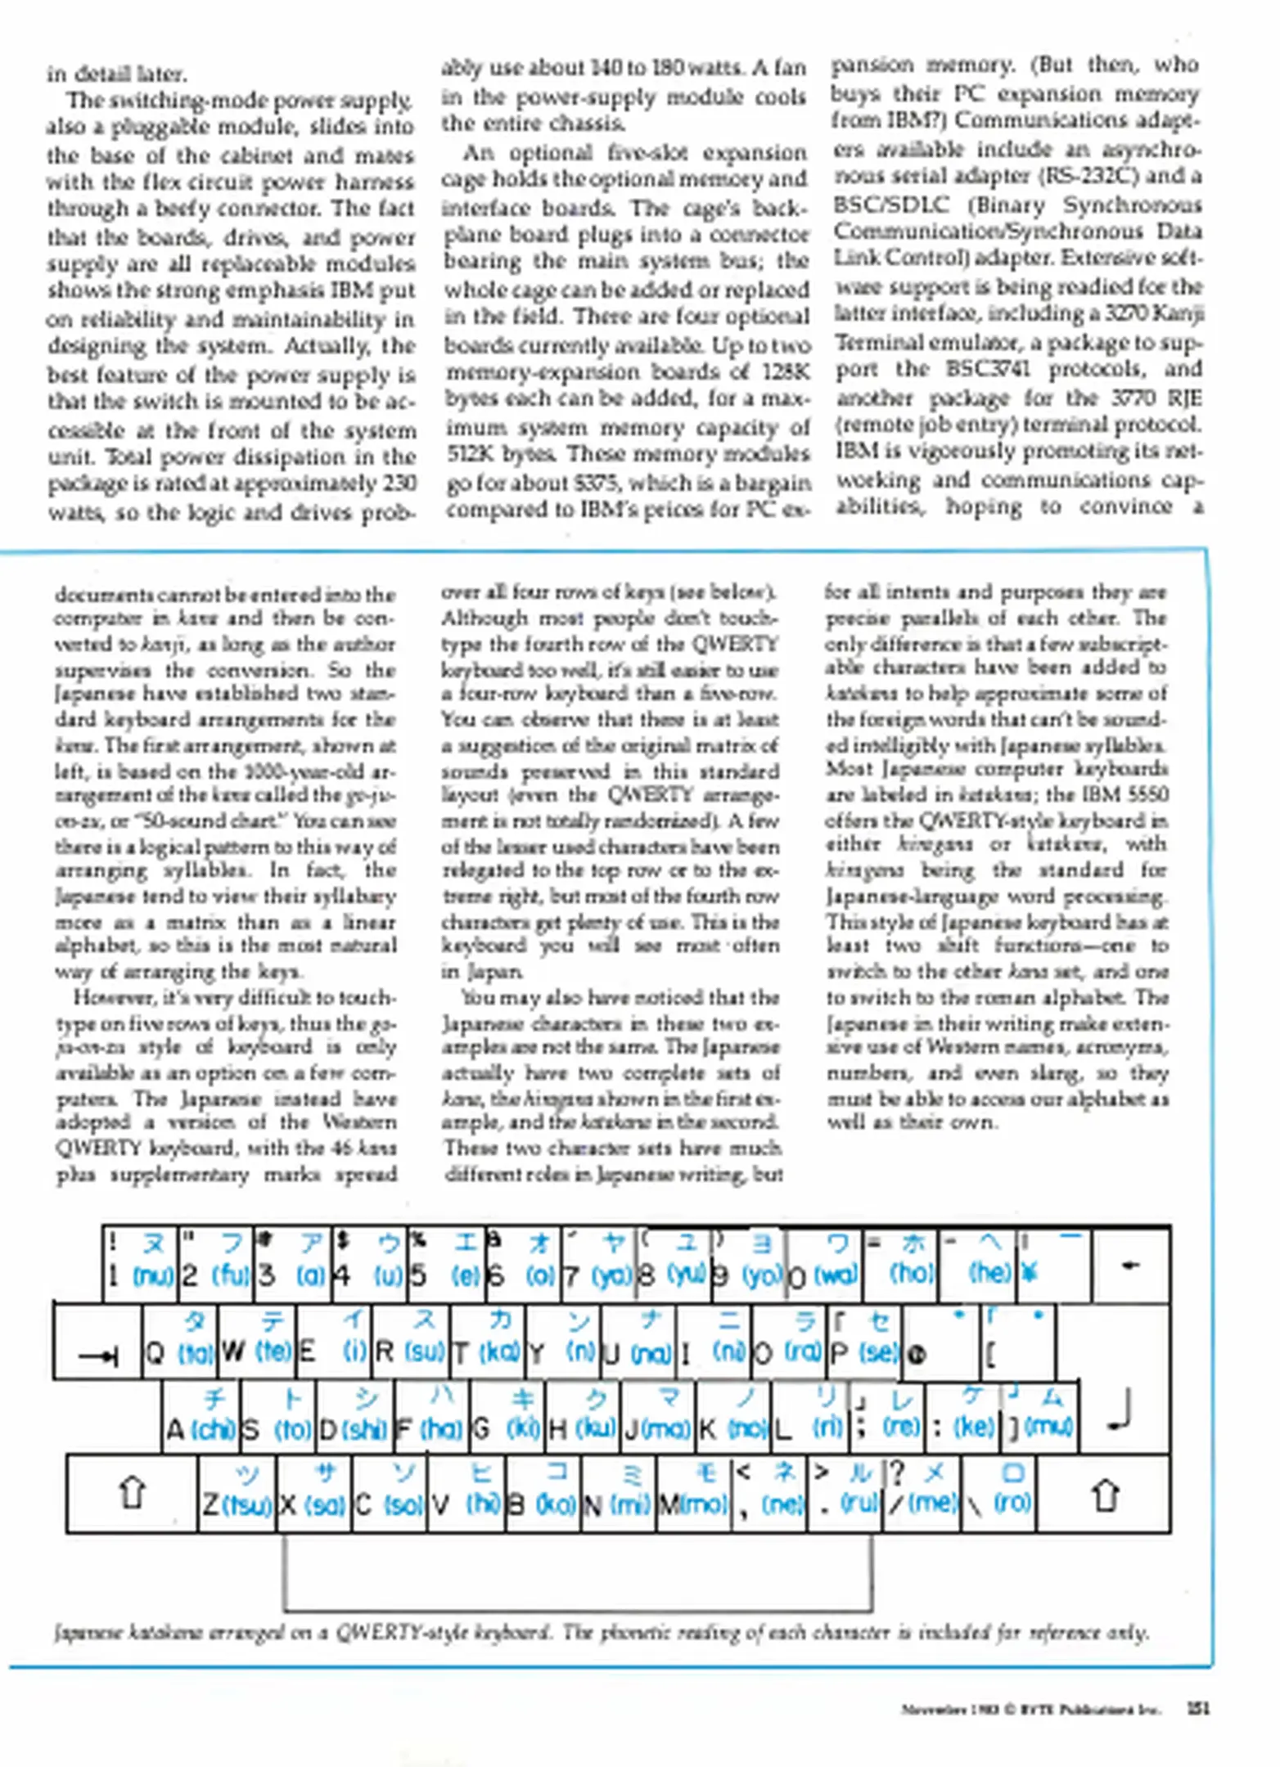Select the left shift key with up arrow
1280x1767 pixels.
pos(132,1494)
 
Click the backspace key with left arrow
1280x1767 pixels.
pos(1130,1266)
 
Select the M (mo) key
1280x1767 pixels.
pos(693,1494)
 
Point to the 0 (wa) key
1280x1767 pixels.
pos(824,1266)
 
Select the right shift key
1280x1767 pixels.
pos(1104,1494)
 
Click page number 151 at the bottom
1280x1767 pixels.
pos(1197,1708)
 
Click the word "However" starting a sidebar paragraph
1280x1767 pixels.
pos(107,998)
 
